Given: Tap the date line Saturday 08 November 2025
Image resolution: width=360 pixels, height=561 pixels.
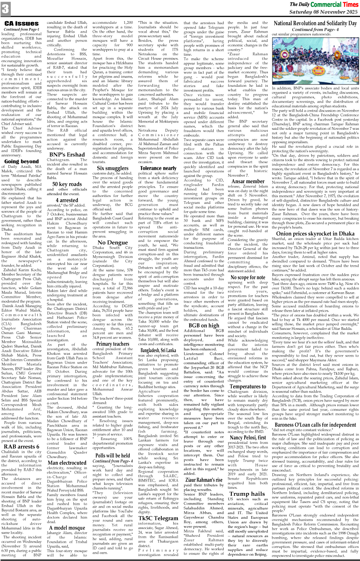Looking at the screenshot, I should (324, 12).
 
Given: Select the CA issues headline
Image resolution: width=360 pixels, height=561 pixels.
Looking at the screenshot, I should (22, 23).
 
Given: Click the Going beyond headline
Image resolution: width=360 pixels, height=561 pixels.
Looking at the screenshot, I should (22, 161).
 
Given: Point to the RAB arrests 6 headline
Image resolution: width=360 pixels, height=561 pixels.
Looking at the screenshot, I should (22, 447).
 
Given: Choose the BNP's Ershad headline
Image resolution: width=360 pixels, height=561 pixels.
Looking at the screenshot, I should (67, 154).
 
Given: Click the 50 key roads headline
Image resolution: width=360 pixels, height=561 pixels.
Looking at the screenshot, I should (67, 184).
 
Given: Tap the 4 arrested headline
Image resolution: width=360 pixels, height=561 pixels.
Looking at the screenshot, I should (67, 200).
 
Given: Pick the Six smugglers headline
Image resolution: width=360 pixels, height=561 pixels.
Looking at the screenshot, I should (113, 168).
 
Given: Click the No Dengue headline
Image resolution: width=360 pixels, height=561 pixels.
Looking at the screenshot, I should (113, 242).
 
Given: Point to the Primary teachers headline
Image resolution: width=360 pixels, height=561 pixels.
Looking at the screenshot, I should (113, 344).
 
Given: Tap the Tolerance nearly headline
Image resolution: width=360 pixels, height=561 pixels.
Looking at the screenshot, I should (158, 168).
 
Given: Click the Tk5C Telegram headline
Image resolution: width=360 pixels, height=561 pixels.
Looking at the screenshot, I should (158, 518).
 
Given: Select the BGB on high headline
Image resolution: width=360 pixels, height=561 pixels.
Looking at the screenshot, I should (204, 325).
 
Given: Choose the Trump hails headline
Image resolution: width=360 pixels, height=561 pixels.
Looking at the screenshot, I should (247, 493).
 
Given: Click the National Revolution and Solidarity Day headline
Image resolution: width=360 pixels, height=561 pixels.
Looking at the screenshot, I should (315, 23).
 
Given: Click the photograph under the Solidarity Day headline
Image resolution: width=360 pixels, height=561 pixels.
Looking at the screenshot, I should (315, 61).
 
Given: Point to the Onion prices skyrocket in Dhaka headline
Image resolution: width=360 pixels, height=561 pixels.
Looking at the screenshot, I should (315, 233).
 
